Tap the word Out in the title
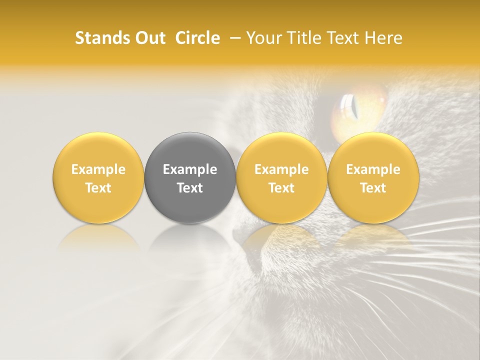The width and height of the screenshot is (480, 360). coord(148,38)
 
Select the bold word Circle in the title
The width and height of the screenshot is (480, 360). coord(197,38)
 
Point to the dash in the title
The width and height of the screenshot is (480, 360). coord(233,38)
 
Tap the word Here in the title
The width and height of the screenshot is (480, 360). coord(383,38)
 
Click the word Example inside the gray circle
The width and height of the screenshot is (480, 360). coord(190,169)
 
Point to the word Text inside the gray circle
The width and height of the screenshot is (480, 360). coord(190,188)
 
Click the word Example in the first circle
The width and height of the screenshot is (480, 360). coord(98,169)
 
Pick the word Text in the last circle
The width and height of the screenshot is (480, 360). coord(373,188)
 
